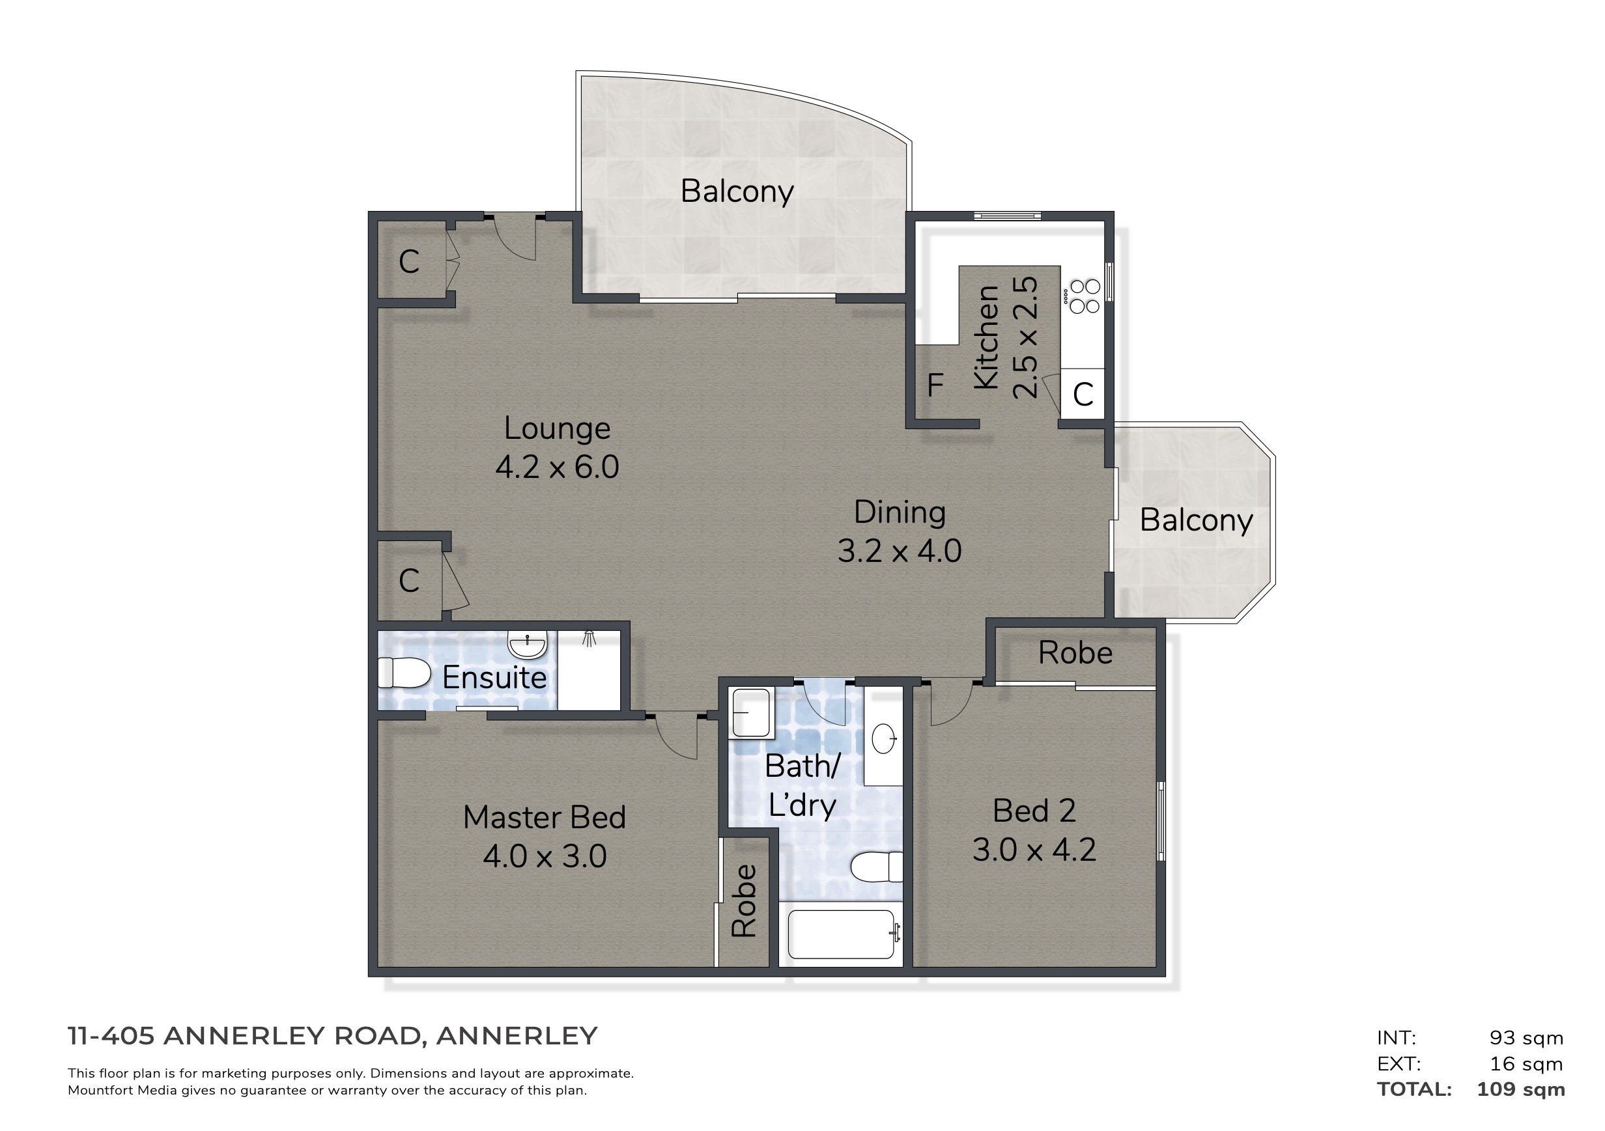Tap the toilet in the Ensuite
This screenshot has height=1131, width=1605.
click(404, 673)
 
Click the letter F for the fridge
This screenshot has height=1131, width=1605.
click(935, 385)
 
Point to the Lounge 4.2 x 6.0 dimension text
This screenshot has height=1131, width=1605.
click(557, 468)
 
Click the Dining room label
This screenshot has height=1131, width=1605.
click(900, 512)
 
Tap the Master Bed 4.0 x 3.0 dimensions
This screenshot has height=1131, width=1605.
click(545, 856)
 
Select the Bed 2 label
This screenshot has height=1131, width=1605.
click(1034, 811)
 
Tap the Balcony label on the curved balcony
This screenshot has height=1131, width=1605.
click(737, 191)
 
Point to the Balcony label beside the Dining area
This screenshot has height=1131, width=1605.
click(1196, 520)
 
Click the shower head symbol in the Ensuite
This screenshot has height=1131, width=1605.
click(589, 638)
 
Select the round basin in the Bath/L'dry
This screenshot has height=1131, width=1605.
click(883, 738)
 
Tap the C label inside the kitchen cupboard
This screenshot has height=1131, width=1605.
click(1083, 395)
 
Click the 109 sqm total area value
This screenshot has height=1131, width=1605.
click(1520, 1089)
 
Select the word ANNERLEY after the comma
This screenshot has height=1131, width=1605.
click(517, 1036)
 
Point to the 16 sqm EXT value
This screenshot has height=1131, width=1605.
click(1526, 1064)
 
